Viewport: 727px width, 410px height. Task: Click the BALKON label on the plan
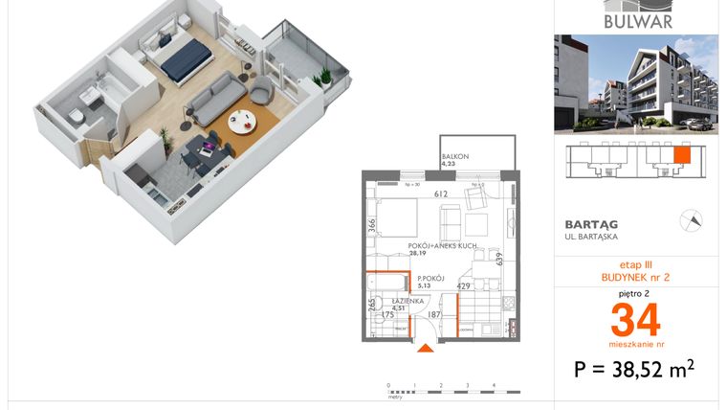(x=454, y=157)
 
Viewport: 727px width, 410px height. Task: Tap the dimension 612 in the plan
(x=441, y=194)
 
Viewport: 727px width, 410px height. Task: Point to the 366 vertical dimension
(x=372, y=226)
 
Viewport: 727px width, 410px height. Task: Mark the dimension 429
(x=463, y=285)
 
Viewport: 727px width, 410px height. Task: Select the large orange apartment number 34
(x=635, y=317)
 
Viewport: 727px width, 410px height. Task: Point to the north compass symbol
(x=690, y=220)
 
